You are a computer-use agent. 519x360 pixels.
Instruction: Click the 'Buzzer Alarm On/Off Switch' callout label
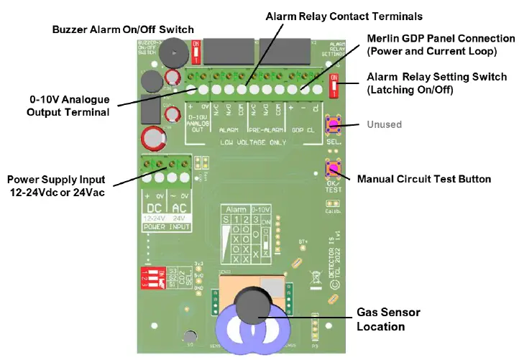tap(123, 29)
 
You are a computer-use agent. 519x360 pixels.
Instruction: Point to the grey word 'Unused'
tap(385, 124)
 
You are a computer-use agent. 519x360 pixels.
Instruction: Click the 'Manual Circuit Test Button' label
tap(424, 178)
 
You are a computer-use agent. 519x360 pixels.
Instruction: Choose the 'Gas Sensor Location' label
tap(388, 319)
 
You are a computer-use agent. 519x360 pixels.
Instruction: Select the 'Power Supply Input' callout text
tap(56, 185)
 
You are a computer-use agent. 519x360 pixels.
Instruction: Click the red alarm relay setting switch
tap(333, 86)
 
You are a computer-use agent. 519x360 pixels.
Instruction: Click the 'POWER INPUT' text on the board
tap(167, 226)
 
